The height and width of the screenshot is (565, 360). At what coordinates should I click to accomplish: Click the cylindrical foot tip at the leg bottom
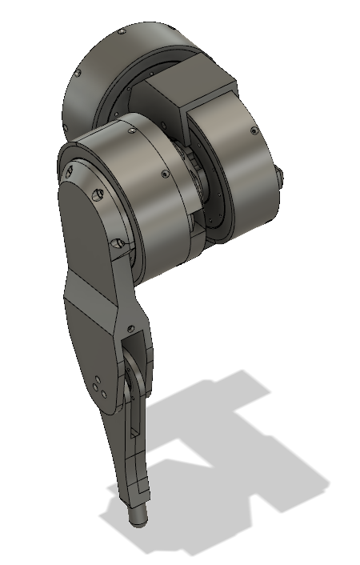138,515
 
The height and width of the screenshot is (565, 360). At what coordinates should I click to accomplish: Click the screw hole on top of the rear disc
121,33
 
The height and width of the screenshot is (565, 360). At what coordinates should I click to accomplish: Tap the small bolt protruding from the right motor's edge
280,175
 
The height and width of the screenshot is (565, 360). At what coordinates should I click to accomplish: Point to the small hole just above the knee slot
128,326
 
